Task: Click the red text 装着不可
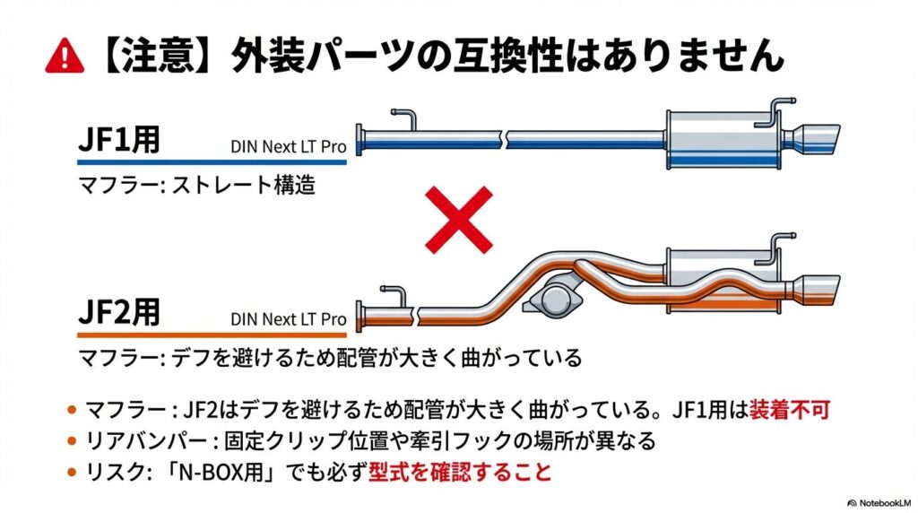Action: [x=788, y=411]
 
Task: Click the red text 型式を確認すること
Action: [x=459, y=471]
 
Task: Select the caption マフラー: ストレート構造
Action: [x=197, y=188]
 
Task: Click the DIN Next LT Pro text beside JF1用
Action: [x=288, y=145]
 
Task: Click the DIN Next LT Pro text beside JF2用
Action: [x=288, y=318]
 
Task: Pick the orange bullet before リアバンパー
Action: [x=71, y=441]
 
